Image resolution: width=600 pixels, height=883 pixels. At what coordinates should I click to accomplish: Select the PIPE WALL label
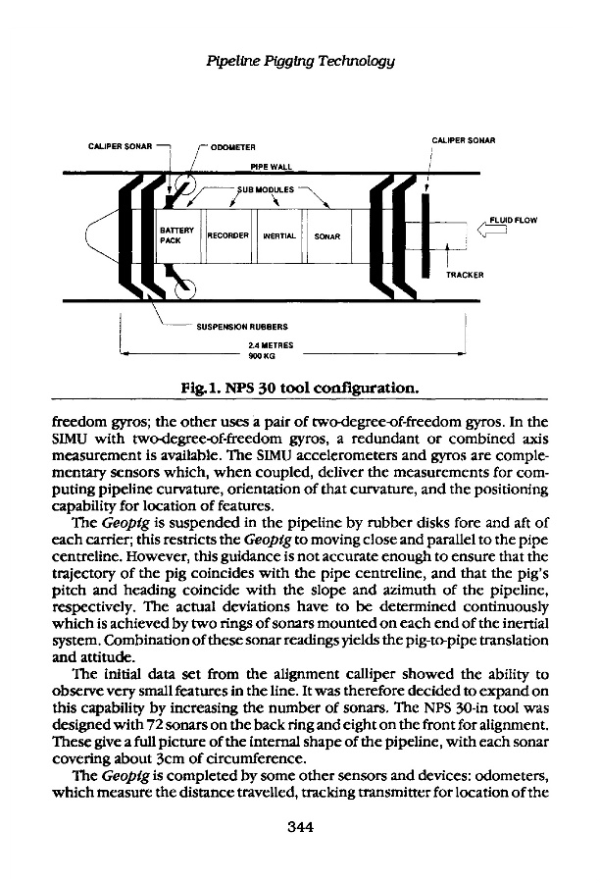273,168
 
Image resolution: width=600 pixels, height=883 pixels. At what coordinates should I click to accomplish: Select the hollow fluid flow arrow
490,232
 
